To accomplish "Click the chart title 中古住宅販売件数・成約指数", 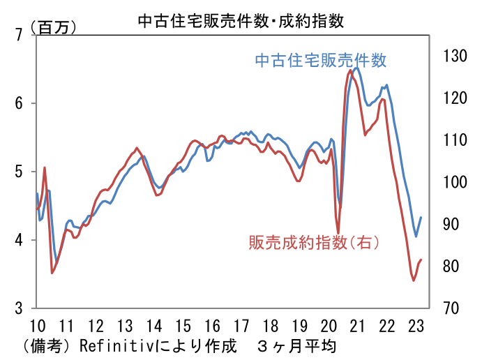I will pyautogui.click(x=241, y=21).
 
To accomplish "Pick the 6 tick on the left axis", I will pyautogui.click(x=19, y=103).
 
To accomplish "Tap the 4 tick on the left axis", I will pyautogui.click(x=19, y=240).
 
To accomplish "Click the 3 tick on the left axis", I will pyautogui.click(x=19, y=308).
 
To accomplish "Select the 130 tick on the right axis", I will pyautogui.click(x=454, y=56).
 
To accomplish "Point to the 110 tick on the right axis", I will pyautogui.click(x=454, y=140).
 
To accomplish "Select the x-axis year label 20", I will pyautogui.click(x=328, y=325).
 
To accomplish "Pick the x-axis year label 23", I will pyautogui.click(x=415, y=325).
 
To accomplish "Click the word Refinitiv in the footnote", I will pyautogui.click(x=113, y=345).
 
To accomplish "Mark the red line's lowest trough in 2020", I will pyautogui.click(x=338, y=233).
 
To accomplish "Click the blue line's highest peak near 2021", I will pyautogui.click(x=357, y=68).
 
